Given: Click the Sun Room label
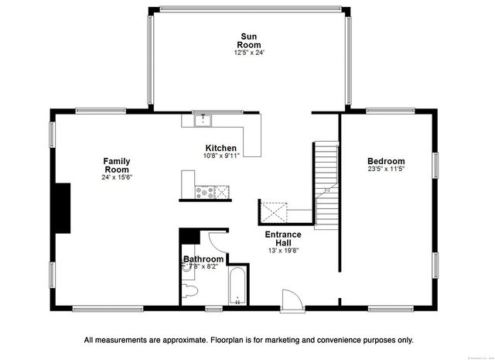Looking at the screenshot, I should [248, 41].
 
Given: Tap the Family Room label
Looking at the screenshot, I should [118, 165].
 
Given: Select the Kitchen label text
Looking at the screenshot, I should [220, 148].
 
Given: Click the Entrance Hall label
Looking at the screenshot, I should [282, 238].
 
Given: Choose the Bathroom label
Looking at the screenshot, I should [203, 259].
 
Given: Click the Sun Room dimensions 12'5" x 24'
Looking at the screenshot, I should [248, 53].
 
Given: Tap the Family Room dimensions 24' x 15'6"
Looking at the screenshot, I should [118, 177].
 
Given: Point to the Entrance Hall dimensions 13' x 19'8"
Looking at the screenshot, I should [282, 250].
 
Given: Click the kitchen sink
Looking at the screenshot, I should [202, 120].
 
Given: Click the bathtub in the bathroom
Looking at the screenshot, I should [236, 288].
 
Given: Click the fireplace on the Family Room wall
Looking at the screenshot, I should [62, 208].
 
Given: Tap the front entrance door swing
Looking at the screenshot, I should [292, 300].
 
